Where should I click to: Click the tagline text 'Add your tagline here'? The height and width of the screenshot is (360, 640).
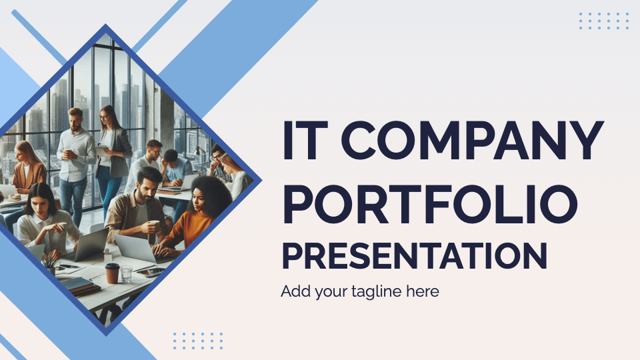tap(360, 291)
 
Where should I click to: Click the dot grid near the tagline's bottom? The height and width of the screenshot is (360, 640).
tap(198, 340)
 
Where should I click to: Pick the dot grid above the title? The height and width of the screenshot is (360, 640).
tap(604, 21)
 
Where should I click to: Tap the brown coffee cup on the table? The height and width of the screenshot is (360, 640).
tap(112, 273)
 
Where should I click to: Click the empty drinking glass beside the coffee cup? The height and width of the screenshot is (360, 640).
tap(126, 273)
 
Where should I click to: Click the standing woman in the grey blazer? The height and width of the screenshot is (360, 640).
tap(112, 150)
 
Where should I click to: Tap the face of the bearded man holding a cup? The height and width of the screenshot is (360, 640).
tap(148, 184)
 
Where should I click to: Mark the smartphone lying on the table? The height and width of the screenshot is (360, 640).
tap(151, 271)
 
